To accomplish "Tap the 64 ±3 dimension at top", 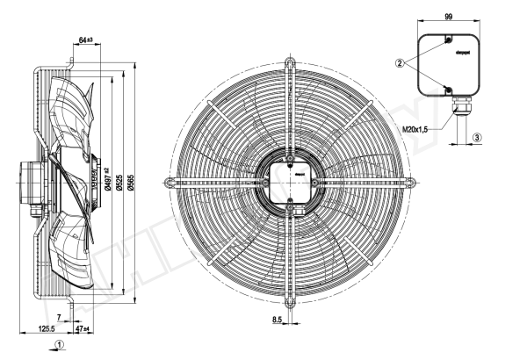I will click(x=86, y=40).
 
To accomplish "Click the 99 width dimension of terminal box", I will click(x=447, y=17).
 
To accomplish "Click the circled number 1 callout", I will click(x=58, y=345).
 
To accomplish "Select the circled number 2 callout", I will click(x=400, y=63).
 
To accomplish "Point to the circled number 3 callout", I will click(x=477, y=137).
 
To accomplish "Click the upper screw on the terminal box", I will click(x=449, y=40).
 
